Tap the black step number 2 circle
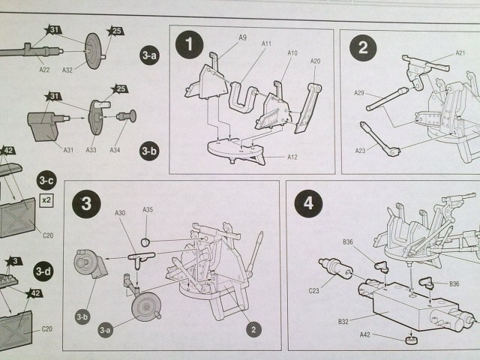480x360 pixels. (363, 49)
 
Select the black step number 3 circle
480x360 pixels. (86, 202)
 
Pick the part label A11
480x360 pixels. (267, 44)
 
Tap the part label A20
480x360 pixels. (316, 61)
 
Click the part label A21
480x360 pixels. (460, 53)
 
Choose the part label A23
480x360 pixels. (361, 150)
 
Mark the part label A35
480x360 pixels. (148, 210)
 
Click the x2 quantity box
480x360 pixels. (46, 200)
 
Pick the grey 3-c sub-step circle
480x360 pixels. (46, 181)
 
